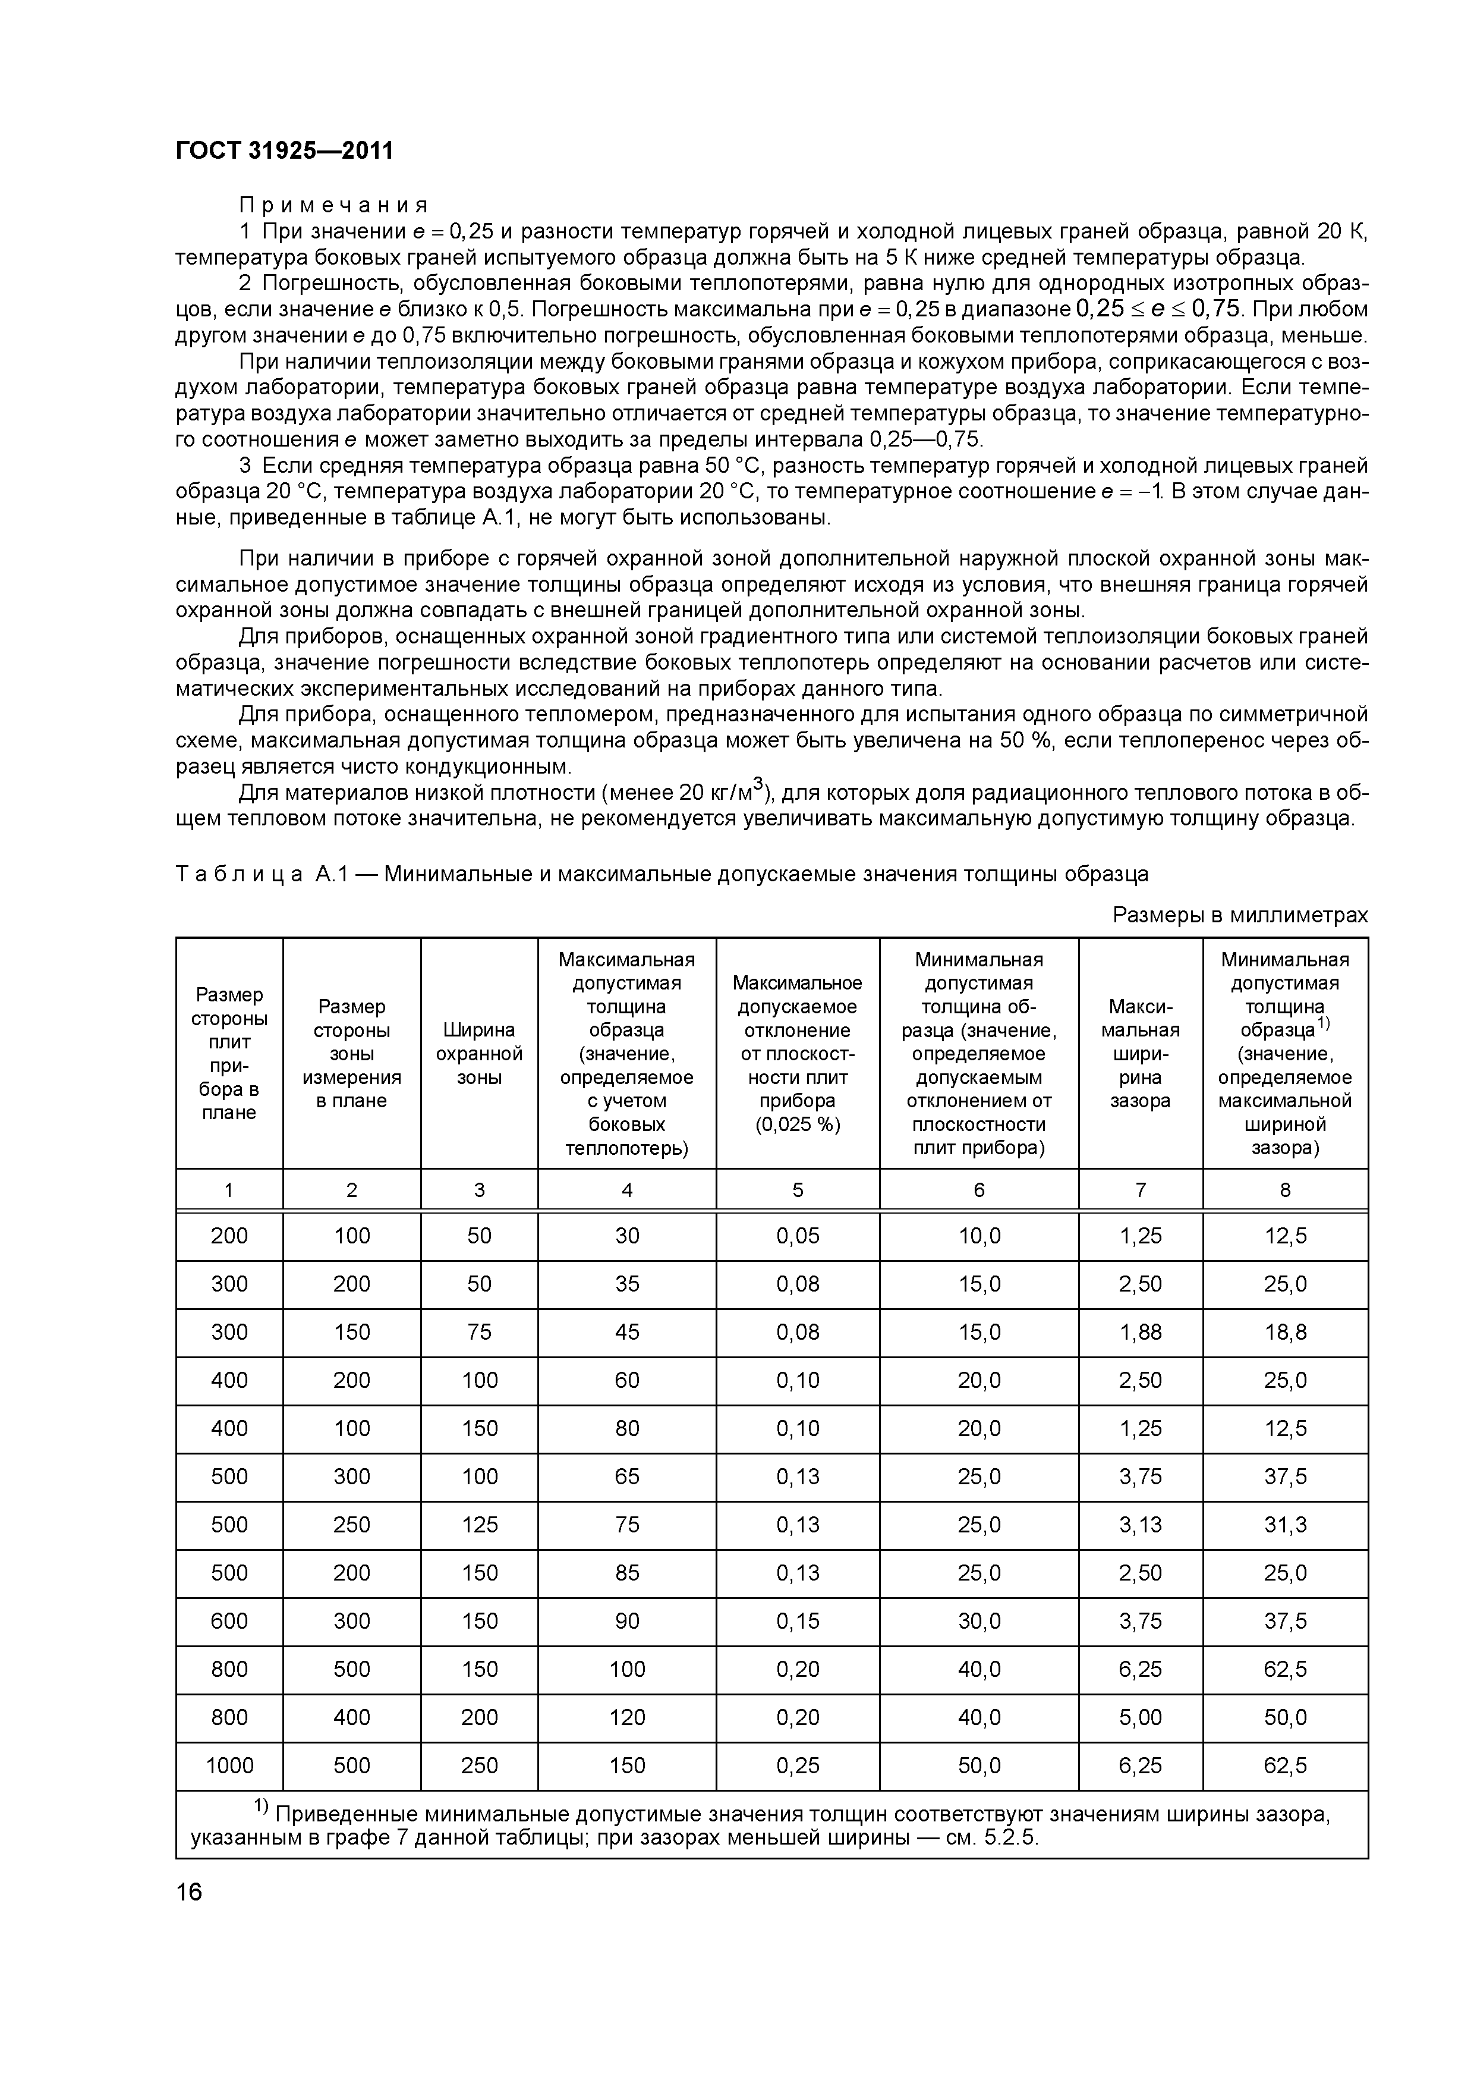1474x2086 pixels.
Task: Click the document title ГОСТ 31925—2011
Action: [x=284, y=151]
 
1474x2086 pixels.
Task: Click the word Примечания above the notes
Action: [x=333, y=205]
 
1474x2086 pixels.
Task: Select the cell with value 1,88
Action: [x=1140, y=1332]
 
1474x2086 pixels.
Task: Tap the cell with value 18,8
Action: [x=1284, y=1332]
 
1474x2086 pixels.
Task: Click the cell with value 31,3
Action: [x=1284, y=1525]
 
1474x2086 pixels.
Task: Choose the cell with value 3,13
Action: [x=1140, y=1525]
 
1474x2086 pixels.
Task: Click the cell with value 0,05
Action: [x=798, y=1236]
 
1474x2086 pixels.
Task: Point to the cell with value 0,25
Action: [x=798, y=1765]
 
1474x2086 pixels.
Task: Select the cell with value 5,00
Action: [x=1140, y=1717]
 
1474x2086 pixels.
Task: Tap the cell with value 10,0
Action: [x=978, y=1236]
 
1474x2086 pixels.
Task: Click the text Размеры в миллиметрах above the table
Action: [x=1240, y=915]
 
